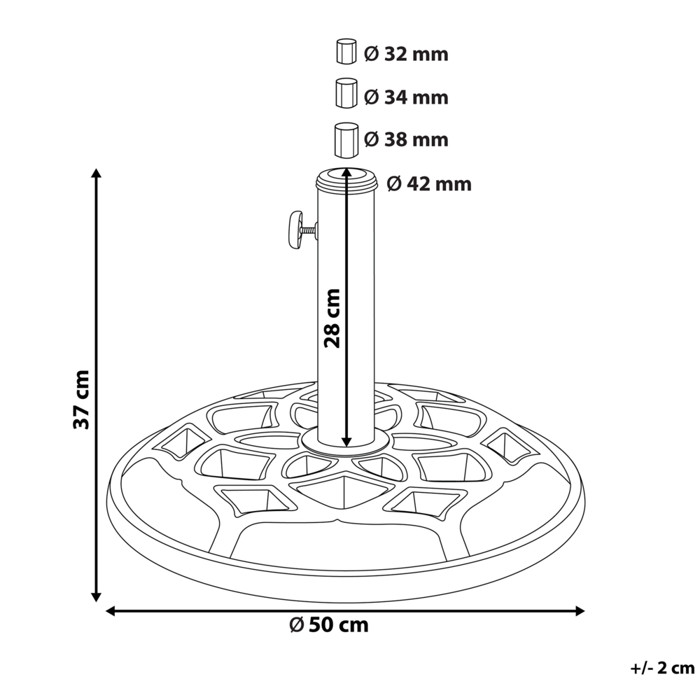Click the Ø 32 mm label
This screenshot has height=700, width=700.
[x=406, y=54]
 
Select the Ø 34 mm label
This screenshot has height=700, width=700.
[x=406, y=97]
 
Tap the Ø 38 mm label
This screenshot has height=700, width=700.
[x=406, y=140]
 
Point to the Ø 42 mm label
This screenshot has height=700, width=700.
[x=428, y=184]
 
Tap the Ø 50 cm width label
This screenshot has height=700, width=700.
[x=328, y=624]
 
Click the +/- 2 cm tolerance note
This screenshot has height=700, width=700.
[x=661, y=668]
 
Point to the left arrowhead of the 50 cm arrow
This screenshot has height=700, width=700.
[x=111, y=611]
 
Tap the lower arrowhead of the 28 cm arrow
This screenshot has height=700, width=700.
[x=346, y=440]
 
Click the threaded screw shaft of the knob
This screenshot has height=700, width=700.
[x=309, y=228]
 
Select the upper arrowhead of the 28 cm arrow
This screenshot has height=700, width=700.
[x=346, y=172]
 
